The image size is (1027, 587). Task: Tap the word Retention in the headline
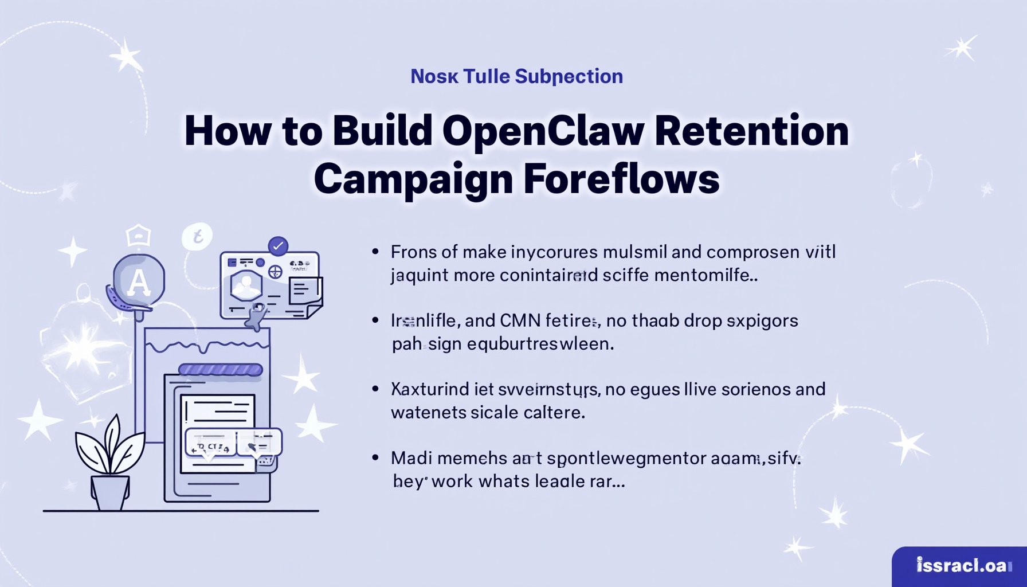click(751, 131)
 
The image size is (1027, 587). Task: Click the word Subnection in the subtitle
click(569, 76)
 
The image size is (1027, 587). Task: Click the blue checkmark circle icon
click(278, 246)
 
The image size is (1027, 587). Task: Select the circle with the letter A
click(139, 281)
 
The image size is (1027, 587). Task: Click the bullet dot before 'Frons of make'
click(375, 251)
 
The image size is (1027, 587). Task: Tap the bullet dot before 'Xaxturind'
click(375, 389)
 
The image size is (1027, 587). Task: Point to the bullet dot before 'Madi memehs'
click(375, 457)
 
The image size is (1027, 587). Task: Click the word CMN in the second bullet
click(520, 320)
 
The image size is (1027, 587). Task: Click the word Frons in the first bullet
click(409, 252)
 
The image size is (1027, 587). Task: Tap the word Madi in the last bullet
click(408, 458)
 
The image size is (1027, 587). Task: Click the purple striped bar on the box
click(221, 370)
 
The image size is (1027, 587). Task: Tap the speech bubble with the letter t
click(197, 236)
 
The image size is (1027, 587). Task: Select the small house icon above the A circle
click(138, 235)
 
